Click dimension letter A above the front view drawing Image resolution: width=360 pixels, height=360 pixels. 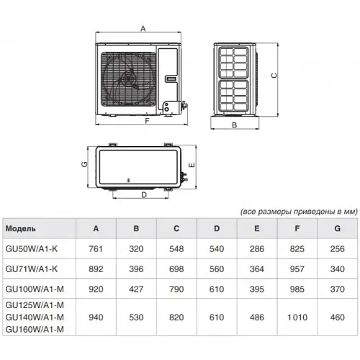tap(143, 29)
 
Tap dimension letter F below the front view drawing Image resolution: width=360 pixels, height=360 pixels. tap(147, 122)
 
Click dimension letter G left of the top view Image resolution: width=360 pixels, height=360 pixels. tap(84, 164)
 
